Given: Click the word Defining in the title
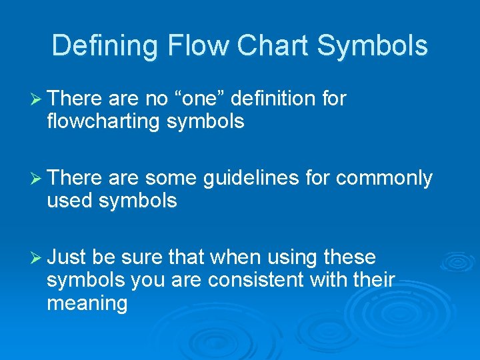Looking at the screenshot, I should coord(106,46).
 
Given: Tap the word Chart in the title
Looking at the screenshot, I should coord(273,46).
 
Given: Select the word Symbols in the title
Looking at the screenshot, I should coord(373,46).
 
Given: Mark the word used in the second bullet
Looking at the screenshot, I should coord(69,201).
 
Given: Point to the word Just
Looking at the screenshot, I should coord(68,257).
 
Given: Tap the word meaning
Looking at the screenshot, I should coord(87,303).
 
